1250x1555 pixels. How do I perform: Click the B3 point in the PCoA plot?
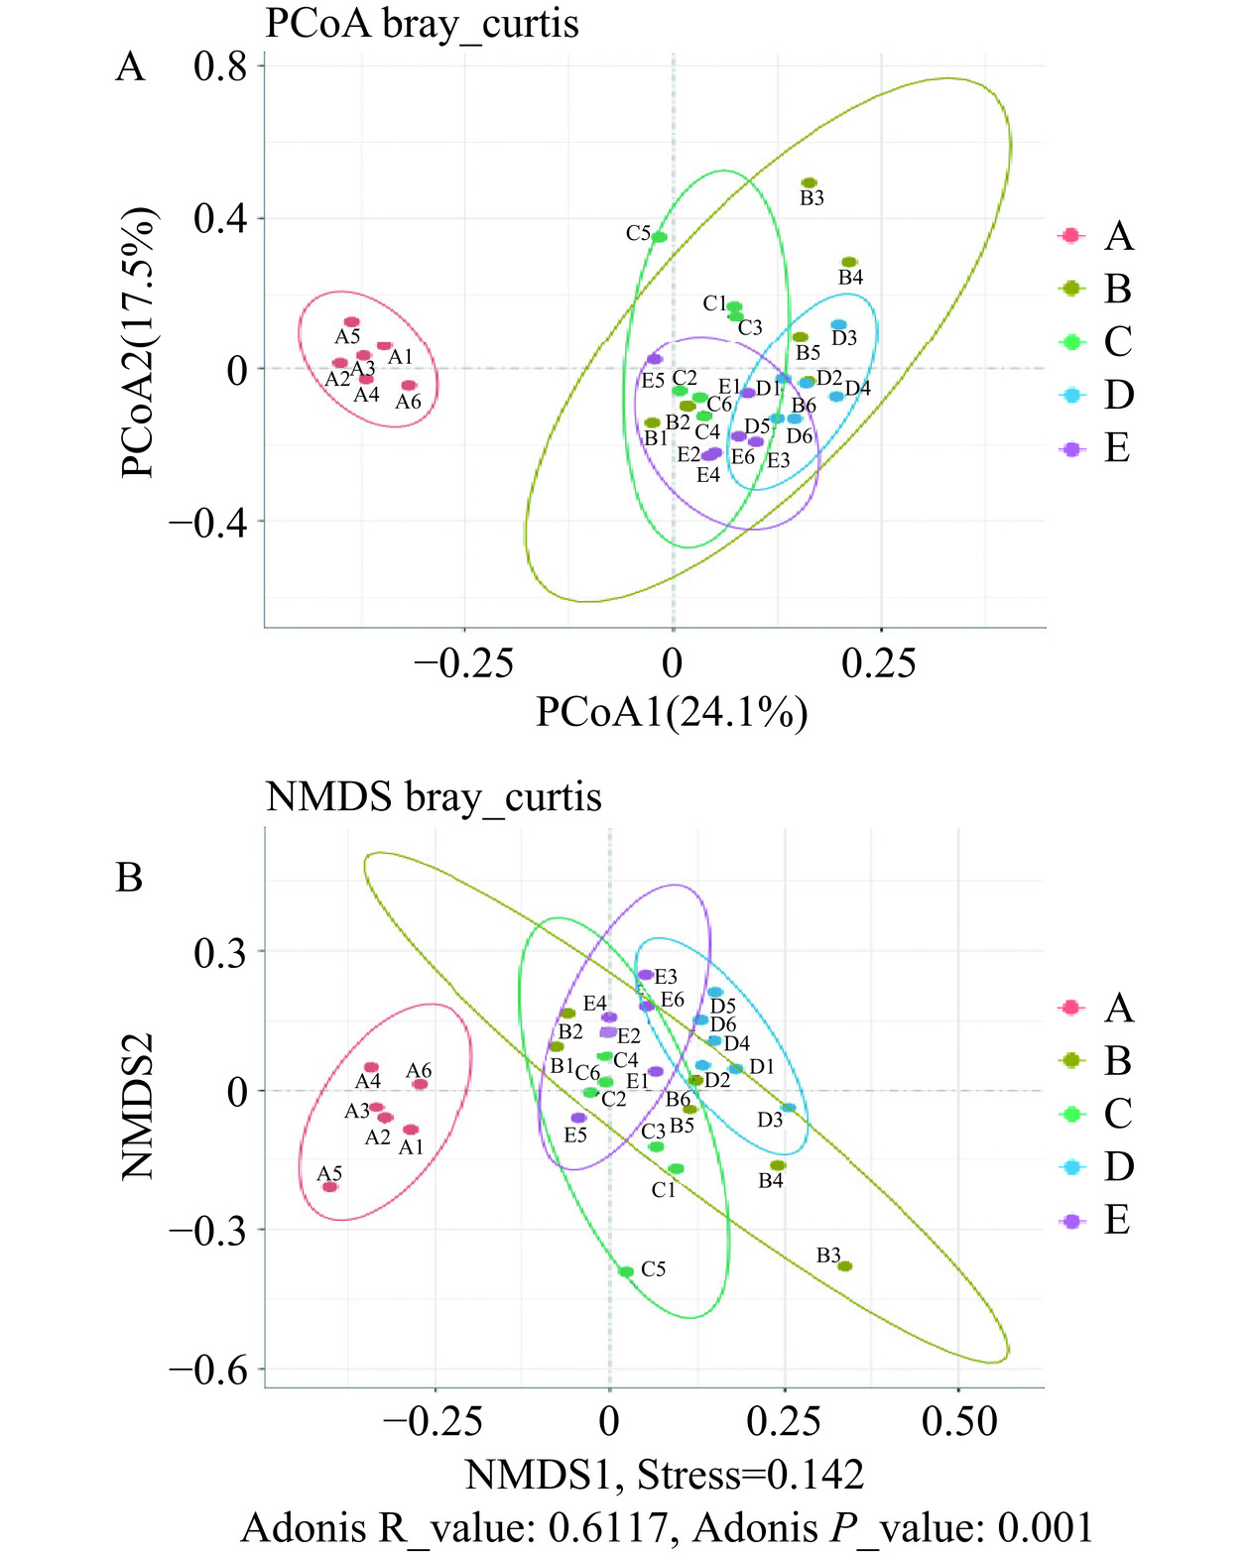pos(810,183)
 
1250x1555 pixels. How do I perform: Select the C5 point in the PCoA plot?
pos(659,237)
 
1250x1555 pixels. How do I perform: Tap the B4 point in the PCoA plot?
pos(849,262)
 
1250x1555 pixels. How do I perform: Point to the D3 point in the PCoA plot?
pos(838,325)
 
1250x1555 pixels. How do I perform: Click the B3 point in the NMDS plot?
pos(844,1266)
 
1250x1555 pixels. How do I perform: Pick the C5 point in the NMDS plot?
pos(626,1271)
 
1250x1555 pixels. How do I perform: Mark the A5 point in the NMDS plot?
pos(330,1186)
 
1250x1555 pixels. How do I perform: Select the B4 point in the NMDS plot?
pos(778,1165)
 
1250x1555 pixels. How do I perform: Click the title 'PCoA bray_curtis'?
pos(422,23)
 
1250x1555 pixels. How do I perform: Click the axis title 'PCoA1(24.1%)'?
pos(672,712)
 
